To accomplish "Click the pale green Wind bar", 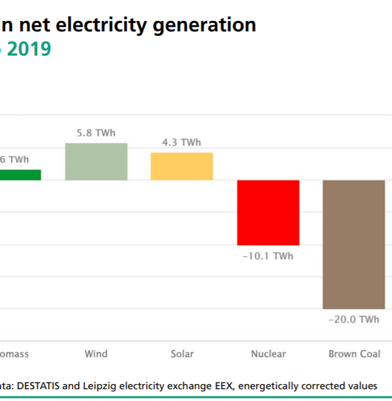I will tap(96, 162).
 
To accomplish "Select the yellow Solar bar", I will tap(182, 166).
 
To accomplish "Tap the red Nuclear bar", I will tap(268, 213).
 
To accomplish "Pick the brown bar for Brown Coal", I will tap(353, 244).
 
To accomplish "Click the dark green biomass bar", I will tap(20, 175).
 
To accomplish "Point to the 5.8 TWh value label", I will tap(95, 133).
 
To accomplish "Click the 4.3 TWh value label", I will tap(182, 143).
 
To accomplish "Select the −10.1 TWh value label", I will tap(268, 256).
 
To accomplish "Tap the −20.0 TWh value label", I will tap(354, 320).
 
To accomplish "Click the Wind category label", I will tap(96, 354).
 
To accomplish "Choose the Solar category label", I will tap(182, 354).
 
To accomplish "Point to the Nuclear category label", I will tap(268, 354).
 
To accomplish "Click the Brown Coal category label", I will tap(354, 354).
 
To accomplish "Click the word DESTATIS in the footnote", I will tap(46, 385).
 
